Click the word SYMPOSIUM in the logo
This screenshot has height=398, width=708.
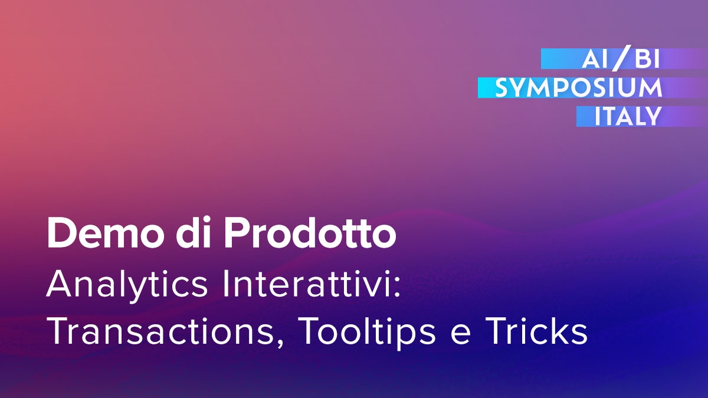(578, 88)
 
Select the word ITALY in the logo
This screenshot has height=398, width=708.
(628, 117)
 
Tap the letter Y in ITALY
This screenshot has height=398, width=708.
(652, 117)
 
